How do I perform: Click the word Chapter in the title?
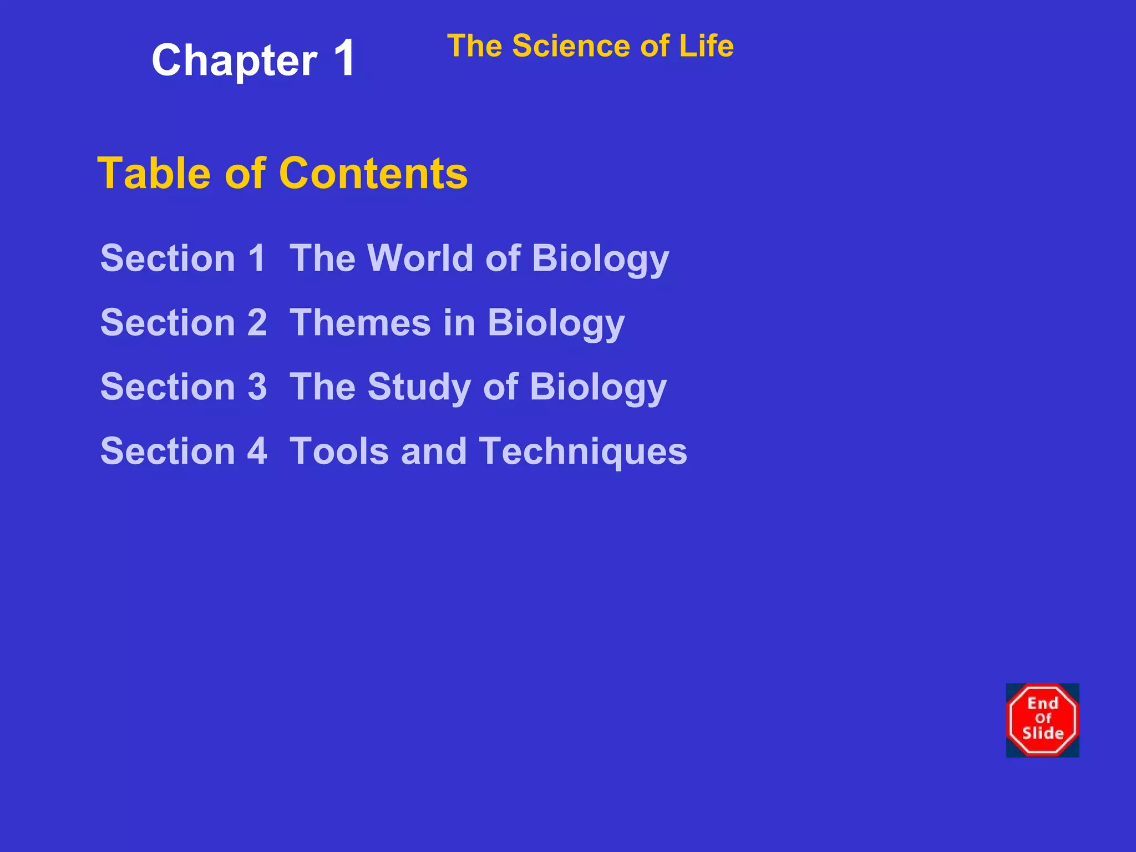(234, 61)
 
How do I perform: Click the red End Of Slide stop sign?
(1042, 720)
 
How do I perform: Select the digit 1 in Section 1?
(257, 258)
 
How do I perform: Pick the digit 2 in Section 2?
(257, 323)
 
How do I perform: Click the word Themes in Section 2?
(360, 323)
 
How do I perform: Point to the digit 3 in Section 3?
(257, 387)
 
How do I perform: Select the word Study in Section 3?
(419, 387)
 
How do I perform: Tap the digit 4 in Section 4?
(257, 451)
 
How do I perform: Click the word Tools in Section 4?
(339, 451)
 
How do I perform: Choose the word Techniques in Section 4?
(582, 451)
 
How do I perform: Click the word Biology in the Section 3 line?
(598, 388)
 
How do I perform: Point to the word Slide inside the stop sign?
(1043, 733)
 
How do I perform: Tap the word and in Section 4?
(434, 451)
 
